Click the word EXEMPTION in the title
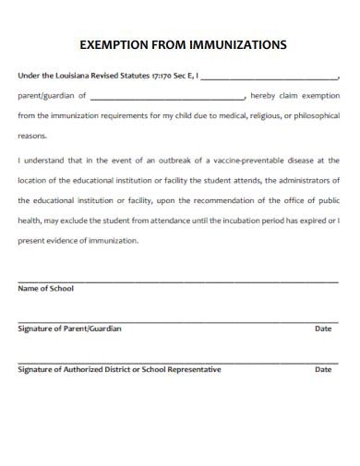tap(112, 43)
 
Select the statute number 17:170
tap(152, 77)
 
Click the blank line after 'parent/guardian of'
tap(167, 96)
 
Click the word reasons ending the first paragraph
tap(32, 135)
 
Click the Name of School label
tap(45, 288)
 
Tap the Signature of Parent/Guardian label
tap(69, 329)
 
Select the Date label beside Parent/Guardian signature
tap(323, 329)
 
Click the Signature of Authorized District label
tap(119, 369)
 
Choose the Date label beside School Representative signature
tap(323, 369)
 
